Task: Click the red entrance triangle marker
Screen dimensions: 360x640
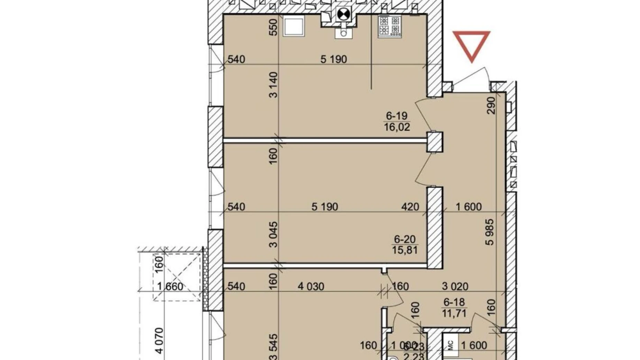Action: click(472, 44)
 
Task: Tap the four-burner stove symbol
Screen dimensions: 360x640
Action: click(390, 26)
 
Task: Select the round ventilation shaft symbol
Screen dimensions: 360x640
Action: click(343, 15)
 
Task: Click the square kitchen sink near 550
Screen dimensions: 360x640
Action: click(294, 27)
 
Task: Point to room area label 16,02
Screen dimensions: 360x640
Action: click(397, 127)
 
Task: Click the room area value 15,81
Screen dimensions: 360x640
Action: click(405, 250)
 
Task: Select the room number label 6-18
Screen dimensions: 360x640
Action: click(454, 302)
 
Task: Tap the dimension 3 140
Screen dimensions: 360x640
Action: click(273, 85)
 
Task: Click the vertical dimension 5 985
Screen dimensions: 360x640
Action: click(490, 232)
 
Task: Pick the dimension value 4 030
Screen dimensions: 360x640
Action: click(311, 286)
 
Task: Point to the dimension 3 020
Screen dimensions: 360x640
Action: click(455, 286)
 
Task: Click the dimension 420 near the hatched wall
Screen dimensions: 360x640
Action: click(410, 207)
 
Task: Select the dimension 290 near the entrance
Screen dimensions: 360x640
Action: click(491, 106)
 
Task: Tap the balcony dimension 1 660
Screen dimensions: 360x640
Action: click(170, 286)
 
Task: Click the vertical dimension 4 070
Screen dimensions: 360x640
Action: click(159, 341)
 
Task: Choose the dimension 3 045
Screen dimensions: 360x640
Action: click(273, 234)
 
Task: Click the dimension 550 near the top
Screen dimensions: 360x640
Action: click(273, 27)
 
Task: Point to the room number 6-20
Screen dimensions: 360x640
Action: click(405, 239)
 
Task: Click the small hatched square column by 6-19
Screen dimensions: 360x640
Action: click(435, 142)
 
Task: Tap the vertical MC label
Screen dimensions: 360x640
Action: click(451, 345)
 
